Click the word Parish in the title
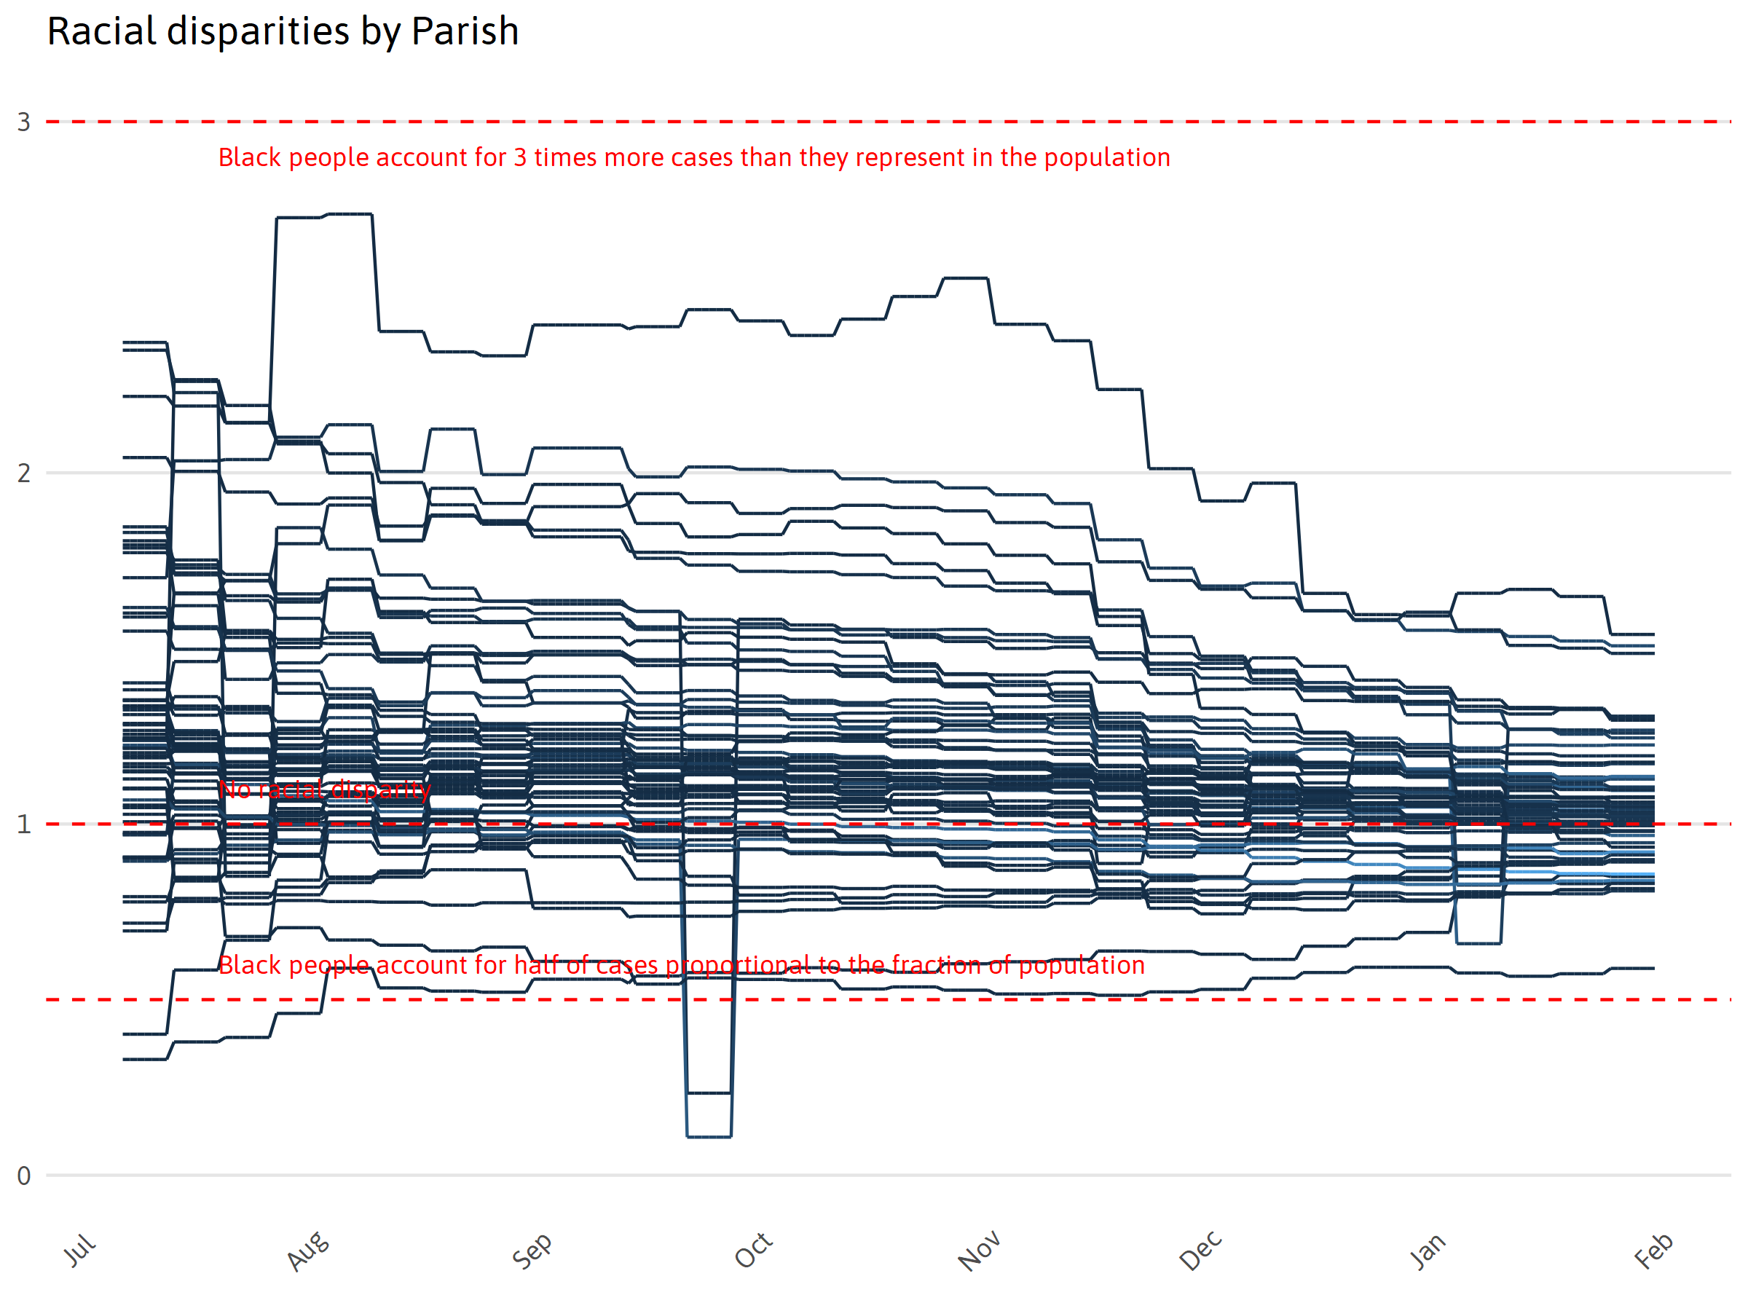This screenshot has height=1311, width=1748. (x=465, y=31)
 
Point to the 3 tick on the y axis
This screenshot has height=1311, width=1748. (x=24, y=122)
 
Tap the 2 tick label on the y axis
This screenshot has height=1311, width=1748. (x=24, y=473)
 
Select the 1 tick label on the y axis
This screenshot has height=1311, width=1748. (x=24, y=825)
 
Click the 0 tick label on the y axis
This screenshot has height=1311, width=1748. (x=24, y=1176)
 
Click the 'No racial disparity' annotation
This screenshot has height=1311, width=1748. (x=325, y=790)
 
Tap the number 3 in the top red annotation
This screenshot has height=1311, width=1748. (x=520, y=158)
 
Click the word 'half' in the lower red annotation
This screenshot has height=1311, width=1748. (x=537, y=965)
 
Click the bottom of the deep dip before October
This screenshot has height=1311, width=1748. (x=709, y=1136)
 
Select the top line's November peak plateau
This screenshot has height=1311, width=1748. (x=966, y=278)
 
